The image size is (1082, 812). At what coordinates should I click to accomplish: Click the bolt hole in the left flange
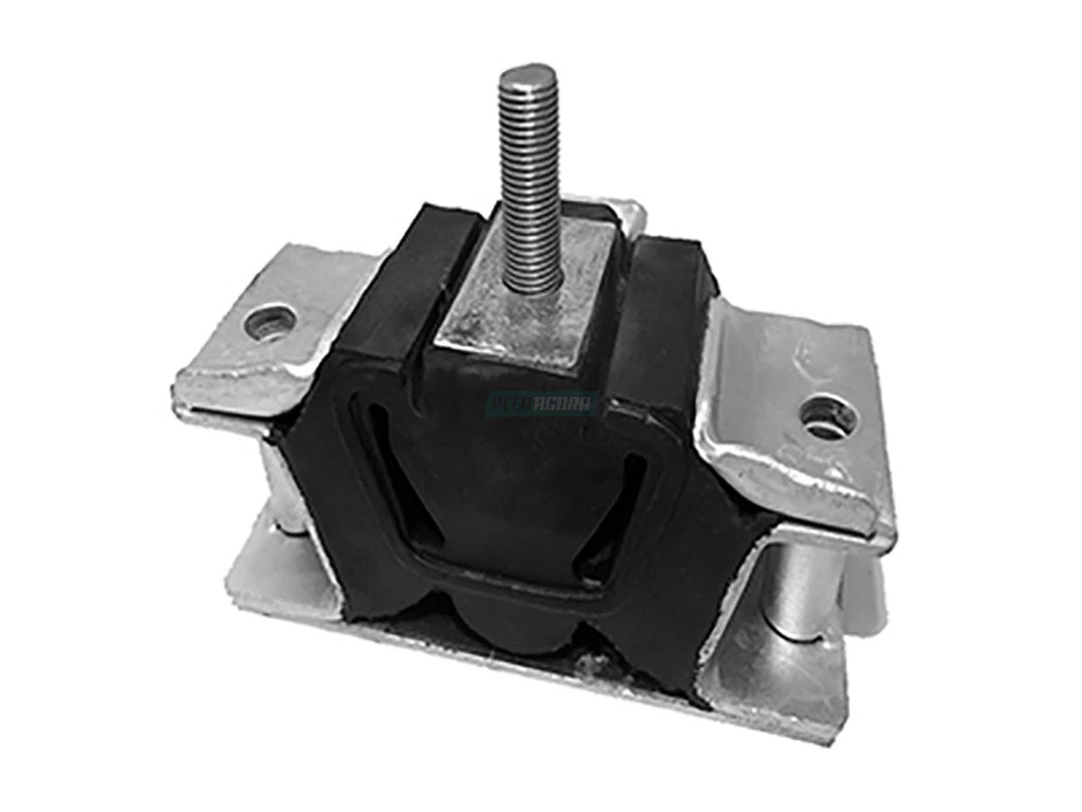tap(270, 319)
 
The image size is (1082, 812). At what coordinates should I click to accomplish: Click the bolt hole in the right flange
tap(822, 418)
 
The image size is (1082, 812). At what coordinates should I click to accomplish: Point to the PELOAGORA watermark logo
tap(542, 404)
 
